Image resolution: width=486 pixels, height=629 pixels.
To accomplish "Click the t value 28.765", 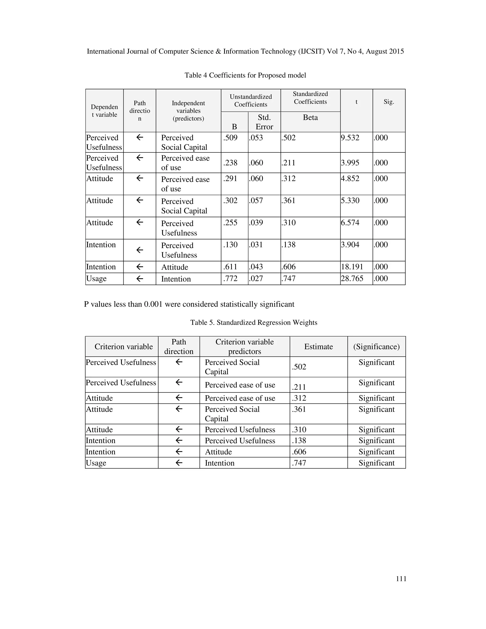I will (352, 278).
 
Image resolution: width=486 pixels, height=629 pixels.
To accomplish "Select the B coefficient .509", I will (230, 138).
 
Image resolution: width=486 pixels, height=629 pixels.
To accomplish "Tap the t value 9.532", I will (350, 138).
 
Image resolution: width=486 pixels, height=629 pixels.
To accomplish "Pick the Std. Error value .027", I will (256, 278).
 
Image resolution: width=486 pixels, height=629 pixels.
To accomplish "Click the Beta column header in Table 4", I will (310, 117).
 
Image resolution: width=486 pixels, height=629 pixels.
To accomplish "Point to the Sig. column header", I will (389, 102).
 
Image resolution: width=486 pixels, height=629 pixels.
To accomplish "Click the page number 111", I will (401, 579).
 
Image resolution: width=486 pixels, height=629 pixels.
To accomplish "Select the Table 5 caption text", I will (254, 322).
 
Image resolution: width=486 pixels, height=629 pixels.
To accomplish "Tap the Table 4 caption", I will (245, 75).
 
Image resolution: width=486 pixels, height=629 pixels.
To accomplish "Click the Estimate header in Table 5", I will (318, 347).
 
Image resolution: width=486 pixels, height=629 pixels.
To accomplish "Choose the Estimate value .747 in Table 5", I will (299, 463).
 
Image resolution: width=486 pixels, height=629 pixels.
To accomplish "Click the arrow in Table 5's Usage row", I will (179, 463).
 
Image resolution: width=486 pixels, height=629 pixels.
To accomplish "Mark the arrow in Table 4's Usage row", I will (140, 278).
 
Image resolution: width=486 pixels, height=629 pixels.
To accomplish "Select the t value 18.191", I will (352, 267).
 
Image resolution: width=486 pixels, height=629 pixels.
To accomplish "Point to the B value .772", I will (230, 278).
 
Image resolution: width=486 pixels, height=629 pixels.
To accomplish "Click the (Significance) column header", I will (376, 347).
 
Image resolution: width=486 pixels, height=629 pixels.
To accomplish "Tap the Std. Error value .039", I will (256, 223).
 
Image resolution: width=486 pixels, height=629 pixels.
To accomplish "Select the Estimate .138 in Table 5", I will (299, 440).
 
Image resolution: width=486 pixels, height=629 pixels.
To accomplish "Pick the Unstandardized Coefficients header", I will (251, 100).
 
